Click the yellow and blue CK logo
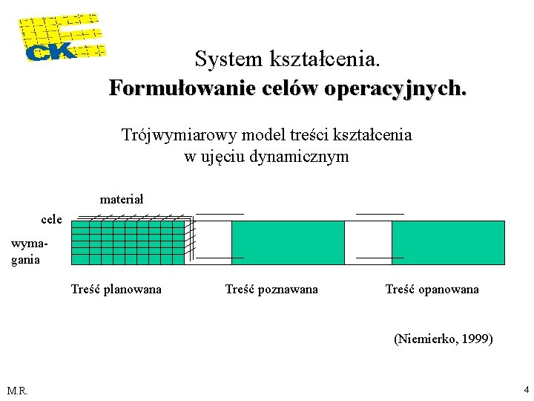61,37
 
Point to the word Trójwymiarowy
172,135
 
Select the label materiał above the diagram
122,199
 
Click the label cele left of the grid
51,219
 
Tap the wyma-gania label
26,252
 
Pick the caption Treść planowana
116,289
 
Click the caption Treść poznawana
271,289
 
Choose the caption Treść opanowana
432,289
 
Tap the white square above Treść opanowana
369,242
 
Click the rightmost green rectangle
448,242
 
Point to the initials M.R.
17,391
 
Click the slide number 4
526,389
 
